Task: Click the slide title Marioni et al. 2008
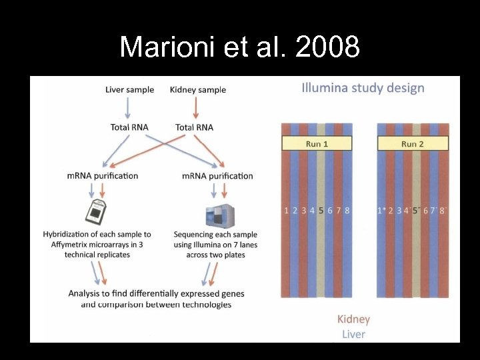pos(239,47)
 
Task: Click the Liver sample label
pos(129,90)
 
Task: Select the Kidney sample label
pos(198,90)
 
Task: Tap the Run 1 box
pos(317,143)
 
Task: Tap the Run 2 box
pos(413,143)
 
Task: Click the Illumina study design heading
pos(363,88)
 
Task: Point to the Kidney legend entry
pos(353,319)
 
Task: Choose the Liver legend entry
pos(353,334)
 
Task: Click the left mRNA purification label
pos(103,176)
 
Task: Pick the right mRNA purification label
pos(217,176)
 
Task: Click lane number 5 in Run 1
pos(321,211)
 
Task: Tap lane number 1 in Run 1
pos(287,211)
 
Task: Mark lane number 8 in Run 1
pos(347,211)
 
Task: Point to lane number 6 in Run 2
pos(425,211)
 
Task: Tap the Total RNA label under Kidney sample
pos(194,127)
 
